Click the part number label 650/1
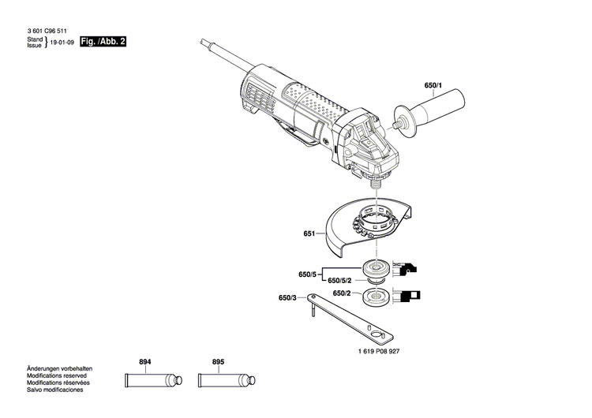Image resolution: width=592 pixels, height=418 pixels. pos(434,85)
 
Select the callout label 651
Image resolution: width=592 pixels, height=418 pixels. pos(309,234)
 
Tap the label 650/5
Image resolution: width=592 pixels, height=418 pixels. pos(307,274)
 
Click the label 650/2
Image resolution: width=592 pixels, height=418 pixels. pos(342,293)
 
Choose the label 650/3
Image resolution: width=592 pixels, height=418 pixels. pos(287,298)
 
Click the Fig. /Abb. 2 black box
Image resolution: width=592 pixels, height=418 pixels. pos(103,41)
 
